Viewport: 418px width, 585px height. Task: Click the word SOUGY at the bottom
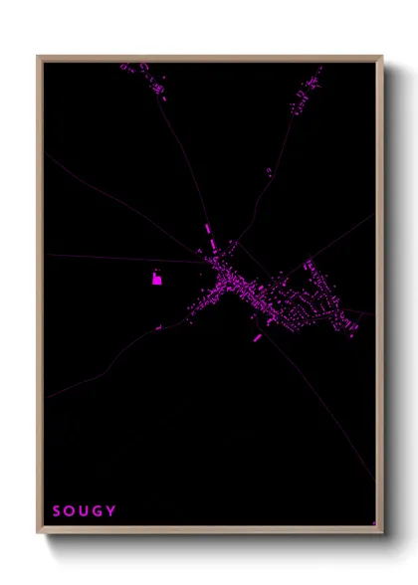tap(84, 511)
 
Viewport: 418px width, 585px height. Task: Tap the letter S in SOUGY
tap(57, 511)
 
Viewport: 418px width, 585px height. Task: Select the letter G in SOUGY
tap(98, 511)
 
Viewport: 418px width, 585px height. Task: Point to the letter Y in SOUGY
tap(111, 511)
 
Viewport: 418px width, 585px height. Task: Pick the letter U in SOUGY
tap(84, 511)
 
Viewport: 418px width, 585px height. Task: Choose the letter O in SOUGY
tap(70, 511)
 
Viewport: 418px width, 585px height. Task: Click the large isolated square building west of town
tap(157, 279)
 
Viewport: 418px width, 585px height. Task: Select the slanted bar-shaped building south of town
tap(258, 337)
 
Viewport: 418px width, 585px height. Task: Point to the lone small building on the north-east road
tap(269, 172)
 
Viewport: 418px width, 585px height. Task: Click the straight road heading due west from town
tap(109, 259)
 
